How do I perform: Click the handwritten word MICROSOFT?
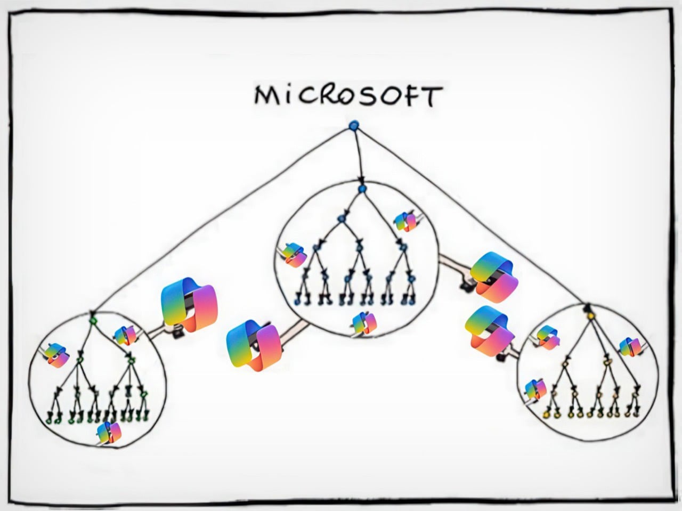[348, 95]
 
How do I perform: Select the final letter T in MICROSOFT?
[432, 96]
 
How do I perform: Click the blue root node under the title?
[354, 126]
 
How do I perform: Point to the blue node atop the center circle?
[362, 189]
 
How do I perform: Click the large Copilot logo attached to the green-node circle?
[189, 304]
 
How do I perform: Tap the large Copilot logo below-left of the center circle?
[254, 346]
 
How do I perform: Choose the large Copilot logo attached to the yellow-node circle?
[489, 331]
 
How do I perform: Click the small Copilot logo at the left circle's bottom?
[109, 433]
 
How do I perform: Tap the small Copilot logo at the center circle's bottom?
[364, 323]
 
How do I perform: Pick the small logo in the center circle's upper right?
[405, 222]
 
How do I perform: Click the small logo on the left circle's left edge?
[56, 355]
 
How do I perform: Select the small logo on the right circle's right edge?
[629, 347]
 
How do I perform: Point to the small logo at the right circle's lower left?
[535, 390]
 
